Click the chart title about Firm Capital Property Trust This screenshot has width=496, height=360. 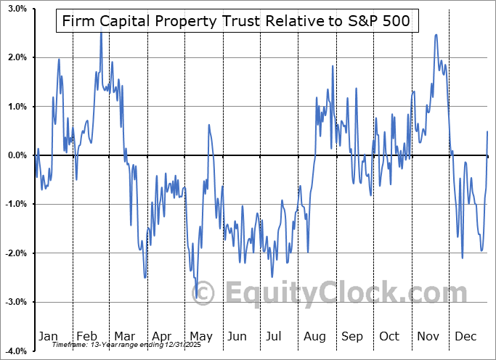tap(237, 22)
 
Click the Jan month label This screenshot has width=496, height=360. tap(48, 337)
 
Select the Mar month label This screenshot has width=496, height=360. tap(124, 337)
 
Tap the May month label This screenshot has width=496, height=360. tap(200, 337)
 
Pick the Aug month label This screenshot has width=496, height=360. tap(315, 337)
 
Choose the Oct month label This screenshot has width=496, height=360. tap(390, 337)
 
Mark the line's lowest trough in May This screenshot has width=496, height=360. tap(196, 297)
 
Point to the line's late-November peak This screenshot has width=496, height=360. tap(435, 35)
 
